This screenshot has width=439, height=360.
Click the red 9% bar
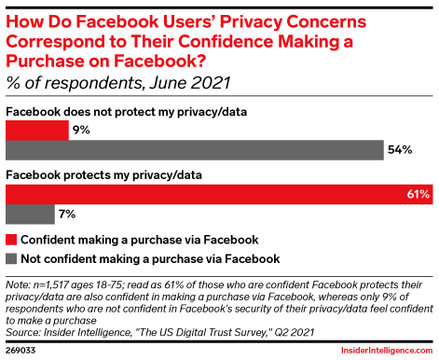pyautogui.click(x=37, y=130)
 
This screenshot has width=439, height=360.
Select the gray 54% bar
pyautogui.click(x=195, y=149)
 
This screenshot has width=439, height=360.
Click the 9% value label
pyautogui.click(x=81, y=130)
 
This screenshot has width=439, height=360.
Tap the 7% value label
pyautogui.click(x=69, y=214)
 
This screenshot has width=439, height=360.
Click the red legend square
pyautogui.click(x=11, y=239)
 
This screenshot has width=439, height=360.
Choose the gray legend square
pyautogui.click(x=11, y=258)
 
